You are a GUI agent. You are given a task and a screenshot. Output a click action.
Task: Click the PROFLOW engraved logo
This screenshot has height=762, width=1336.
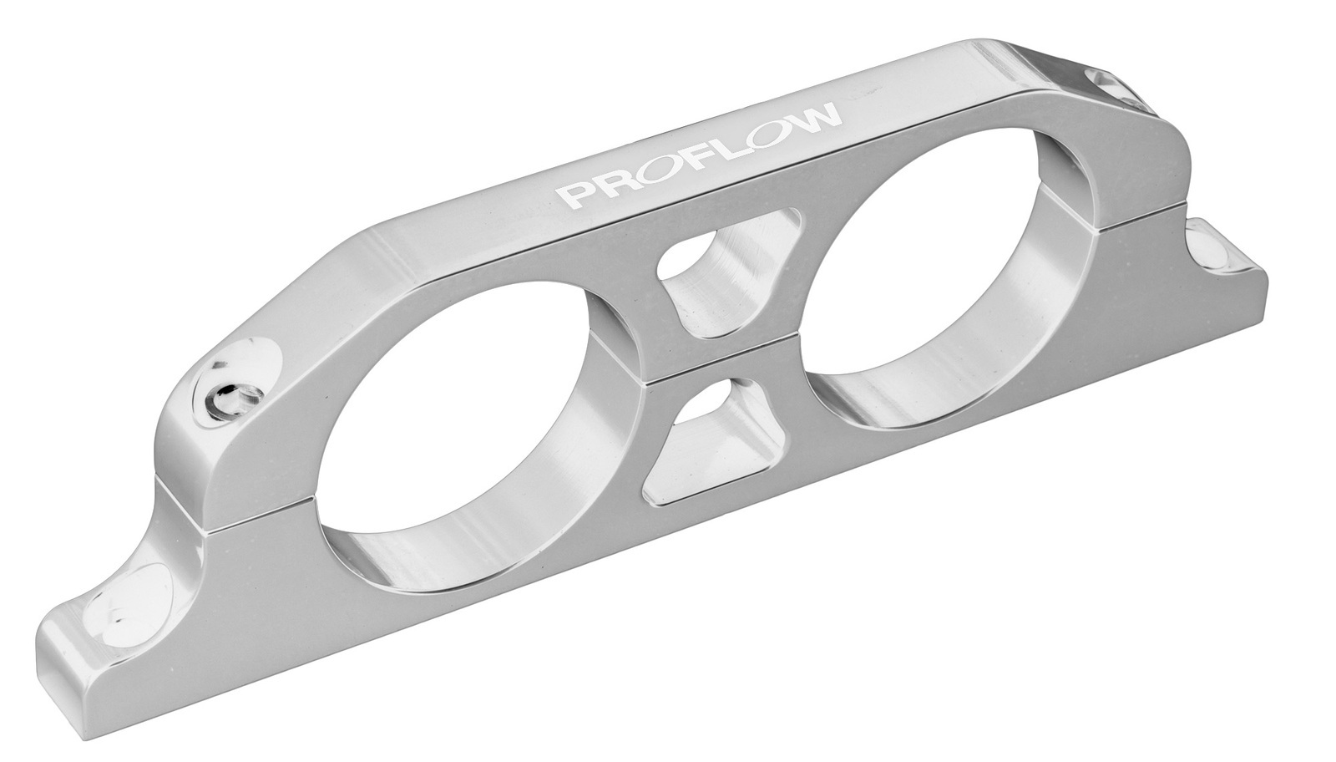pyautogui.click(x=699, y=159)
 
